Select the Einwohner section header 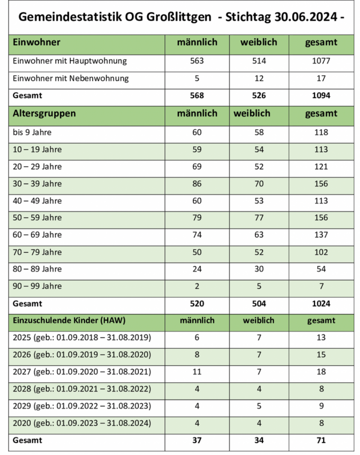point(37,43)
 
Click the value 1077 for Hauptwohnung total point(321,61)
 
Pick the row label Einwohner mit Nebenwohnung point(71,79)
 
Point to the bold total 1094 point(321,96)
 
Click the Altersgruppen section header point(44,113)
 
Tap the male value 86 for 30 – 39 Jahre point(197,184)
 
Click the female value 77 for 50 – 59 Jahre point(259,218)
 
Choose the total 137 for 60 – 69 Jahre point(321,235)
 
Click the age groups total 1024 point(321,304)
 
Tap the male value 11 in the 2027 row point(197,372)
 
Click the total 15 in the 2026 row point(321,355)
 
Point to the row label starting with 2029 point(82,406)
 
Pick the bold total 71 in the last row point(321,440)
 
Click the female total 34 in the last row point(259,440)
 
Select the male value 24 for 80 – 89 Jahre point(197,269)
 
